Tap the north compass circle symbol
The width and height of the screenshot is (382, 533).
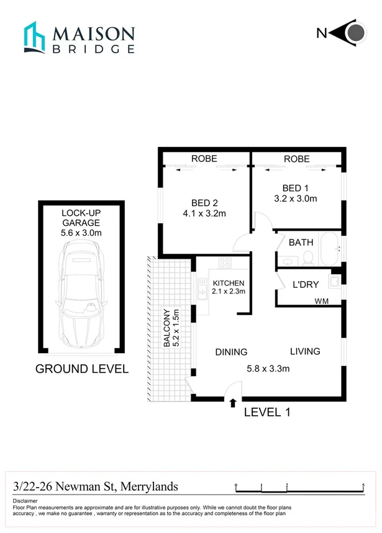pos(355,34)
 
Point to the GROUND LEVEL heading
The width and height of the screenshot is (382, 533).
pos(81,369)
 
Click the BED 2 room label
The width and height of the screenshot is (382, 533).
pos(205,202)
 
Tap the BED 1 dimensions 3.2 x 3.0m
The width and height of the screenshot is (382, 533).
pos(296,199)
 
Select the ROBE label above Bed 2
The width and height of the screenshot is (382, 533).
pos(204,159)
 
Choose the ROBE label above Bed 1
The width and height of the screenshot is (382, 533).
pos(296,159)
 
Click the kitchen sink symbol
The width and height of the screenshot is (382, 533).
pos(202,289)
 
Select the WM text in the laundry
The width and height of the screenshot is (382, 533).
pos(322,302)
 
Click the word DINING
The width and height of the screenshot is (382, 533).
pos(231,352)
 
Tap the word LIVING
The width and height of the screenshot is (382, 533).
pos(305,351)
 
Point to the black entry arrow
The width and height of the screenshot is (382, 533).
pos(233,403)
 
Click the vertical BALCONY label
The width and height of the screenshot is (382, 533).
pos(167,328)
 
